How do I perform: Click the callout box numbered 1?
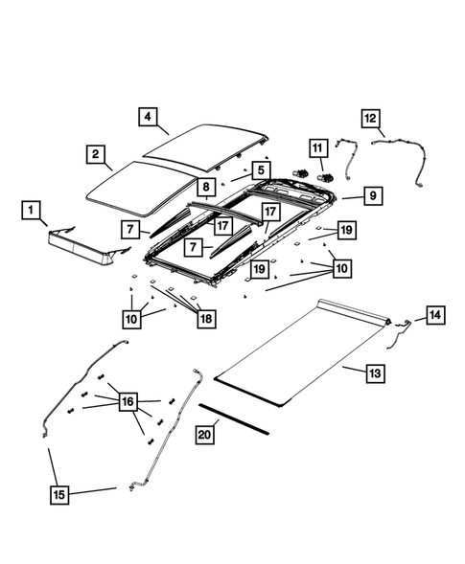click(x=31, y=209)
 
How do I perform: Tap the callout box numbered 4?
click(x=148, y=117)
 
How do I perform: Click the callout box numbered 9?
click(x=372, y=195)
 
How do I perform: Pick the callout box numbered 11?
click(x=317, y=147)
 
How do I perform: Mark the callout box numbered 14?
click(x=434, y=314)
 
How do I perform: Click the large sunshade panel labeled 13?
click(x=297, y=354)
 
